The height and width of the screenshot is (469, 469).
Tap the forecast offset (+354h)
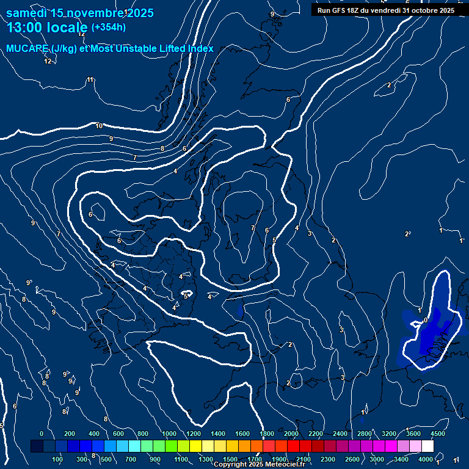coord(108,27)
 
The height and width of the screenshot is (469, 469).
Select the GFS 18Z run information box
coord(385,10)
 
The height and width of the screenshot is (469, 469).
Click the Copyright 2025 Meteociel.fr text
coord(259,465)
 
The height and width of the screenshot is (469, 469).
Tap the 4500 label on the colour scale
coord(437,434)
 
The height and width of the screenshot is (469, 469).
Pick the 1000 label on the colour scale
coord(169,434)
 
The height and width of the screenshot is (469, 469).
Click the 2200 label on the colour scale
coord(316,434)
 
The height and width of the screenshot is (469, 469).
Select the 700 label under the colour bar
coord(131,459)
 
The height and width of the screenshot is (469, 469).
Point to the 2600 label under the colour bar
coord(352,459)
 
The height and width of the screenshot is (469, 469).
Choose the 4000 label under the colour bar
coord(426,459)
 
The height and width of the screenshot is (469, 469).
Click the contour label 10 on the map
coord(99,126)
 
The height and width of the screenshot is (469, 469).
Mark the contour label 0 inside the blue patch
coord(425,320)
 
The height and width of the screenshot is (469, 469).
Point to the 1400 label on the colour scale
coord(218,434)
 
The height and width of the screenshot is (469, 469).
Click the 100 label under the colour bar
coord(57,459)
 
